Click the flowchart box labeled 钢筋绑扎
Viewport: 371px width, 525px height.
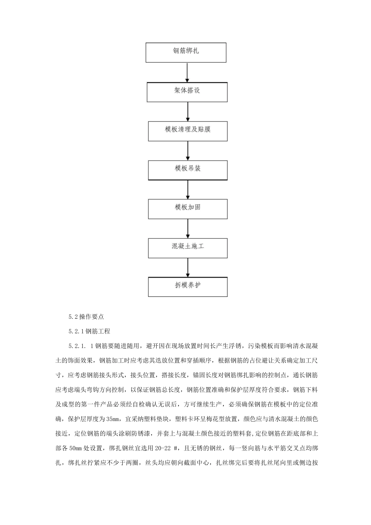pos(186,53)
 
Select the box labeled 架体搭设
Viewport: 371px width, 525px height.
pos(187,92)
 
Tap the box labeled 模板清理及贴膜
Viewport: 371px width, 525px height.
pos(187,131)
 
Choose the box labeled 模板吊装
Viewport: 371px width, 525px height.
pos(187,170)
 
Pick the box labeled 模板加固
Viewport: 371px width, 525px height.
pos(187,209)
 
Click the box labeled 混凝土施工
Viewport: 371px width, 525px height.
pos(187,248)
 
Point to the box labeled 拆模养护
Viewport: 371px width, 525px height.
pos(187,287)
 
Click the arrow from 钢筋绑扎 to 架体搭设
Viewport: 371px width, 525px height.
pos(187,72)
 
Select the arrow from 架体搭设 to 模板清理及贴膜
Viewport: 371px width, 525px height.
pos(188,112)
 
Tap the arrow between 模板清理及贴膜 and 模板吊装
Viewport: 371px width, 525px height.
pos(188,150)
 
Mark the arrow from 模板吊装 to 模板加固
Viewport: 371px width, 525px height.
pos(188,189)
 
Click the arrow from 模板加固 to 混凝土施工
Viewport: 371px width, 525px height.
pos(188,229)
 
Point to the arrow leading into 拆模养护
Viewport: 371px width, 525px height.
pos(188,268)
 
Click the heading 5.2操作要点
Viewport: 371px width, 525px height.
pos(86,317)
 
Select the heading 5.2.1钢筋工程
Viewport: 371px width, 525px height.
pos(89,331)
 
